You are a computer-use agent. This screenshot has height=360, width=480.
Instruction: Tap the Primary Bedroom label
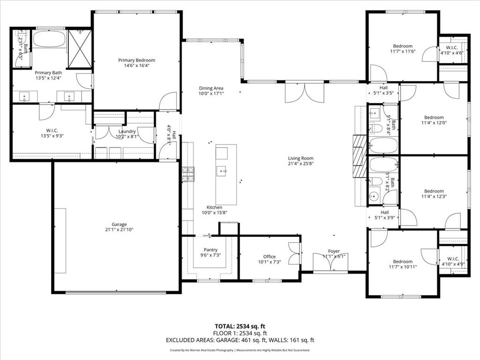click(x=136, y=60)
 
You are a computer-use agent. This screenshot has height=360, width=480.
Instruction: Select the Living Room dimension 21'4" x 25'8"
click(x=300, y=164)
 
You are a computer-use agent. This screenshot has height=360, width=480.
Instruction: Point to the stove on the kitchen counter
click(x=188, y=174)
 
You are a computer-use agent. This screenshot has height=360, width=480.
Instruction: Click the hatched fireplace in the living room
click(x=360, y=156)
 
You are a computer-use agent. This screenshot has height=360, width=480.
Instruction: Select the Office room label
click(x=269, y=256)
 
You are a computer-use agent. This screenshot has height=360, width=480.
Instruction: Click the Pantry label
click(x=210, y=250)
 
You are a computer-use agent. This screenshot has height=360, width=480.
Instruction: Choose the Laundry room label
click(x=127, y=131)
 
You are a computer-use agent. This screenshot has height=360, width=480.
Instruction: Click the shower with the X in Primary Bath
click(x=80, y=49)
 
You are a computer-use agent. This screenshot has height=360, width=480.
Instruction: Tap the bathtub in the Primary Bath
click(x=49, y=39)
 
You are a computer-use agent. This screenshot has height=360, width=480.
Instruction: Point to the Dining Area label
click(x=211, y=88)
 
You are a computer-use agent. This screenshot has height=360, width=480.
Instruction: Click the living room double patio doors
click(x=305, y=92)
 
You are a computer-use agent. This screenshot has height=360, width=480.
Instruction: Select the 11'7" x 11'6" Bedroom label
click(x=403, y=46)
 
